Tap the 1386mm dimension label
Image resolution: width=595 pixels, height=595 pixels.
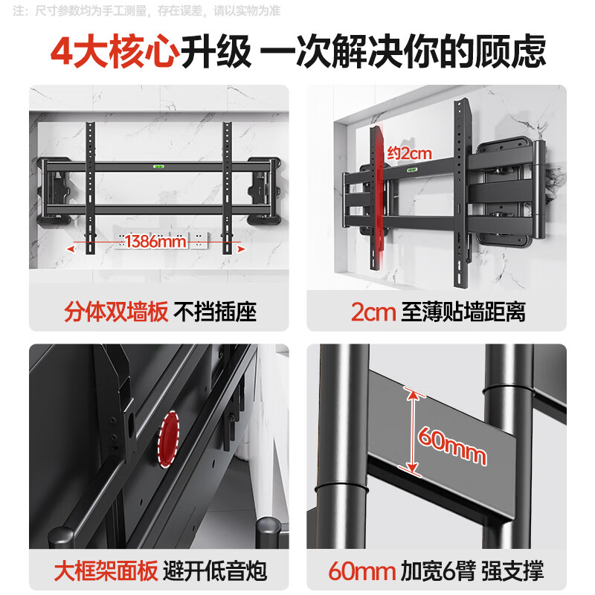coord(155,241)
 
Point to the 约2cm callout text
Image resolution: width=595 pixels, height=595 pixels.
coord(409,153)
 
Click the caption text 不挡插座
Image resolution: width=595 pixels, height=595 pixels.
coord(215,311)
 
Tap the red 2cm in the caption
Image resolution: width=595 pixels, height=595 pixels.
coord(373,311)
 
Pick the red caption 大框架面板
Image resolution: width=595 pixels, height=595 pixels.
coord(105,571)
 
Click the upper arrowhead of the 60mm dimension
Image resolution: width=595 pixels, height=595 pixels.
coord(408,392)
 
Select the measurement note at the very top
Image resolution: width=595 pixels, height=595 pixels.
coord(149,11)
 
